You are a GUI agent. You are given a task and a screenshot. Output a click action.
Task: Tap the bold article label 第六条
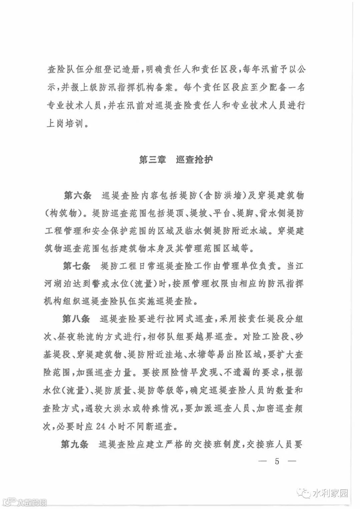click(77, 195)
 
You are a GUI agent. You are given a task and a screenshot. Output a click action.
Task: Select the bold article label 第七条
click(77, 266)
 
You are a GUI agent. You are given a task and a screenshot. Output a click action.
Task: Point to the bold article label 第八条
click(76, 319)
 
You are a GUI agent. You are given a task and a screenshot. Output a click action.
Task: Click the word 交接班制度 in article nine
click(220, 444)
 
